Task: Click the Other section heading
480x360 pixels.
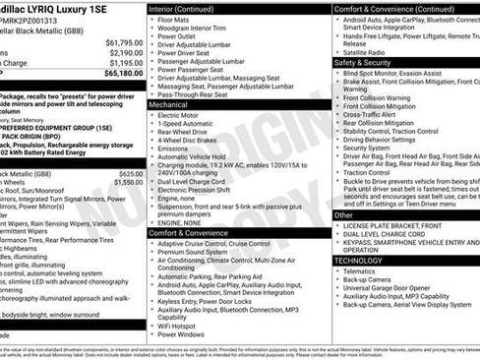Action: point(344,214)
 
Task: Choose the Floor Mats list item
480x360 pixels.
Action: point(174,20)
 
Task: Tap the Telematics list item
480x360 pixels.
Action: point(360,271)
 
